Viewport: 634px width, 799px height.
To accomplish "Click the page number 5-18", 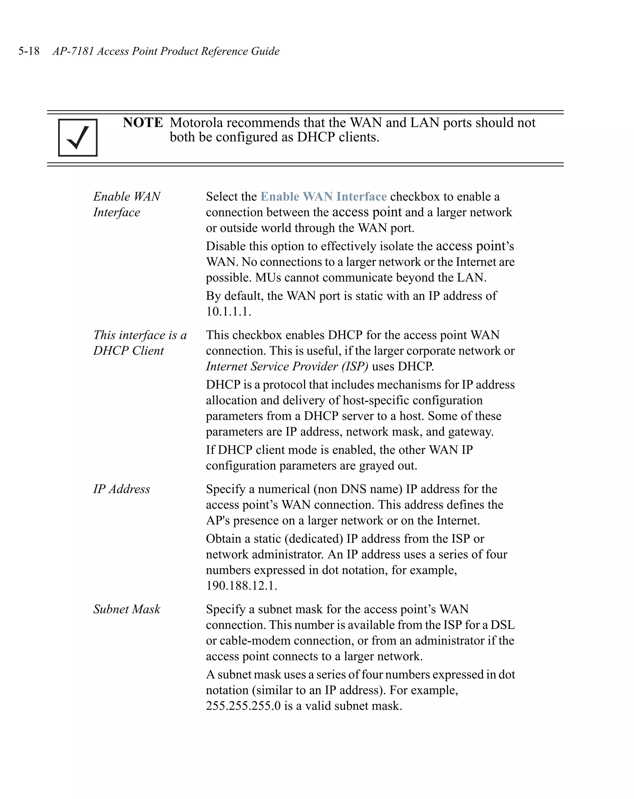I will coord(29,51).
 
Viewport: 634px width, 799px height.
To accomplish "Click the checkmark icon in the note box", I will coord(78,138).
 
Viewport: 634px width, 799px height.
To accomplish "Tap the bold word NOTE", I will coord(143,123).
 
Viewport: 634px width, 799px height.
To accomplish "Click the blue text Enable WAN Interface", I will coord(323,196).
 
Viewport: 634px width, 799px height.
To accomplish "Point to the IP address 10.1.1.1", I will coord(228,311).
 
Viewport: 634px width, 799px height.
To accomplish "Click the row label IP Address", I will coord(121,489).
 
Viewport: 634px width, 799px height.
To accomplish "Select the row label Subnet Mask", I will coord(127,609).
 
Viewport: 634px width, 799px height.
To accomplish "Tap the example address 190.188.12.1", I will coord(241,586).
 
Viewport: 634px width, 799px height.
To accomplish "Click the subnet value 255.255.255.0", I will coord(243,706).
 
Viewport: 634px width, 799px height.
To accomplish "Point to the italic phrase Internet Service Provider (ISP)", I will coord(287,366).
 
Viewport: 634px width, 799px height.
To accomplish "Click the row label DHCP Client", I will coord(128,351).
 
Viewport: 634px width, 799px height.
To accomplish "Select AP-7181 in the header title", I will coord(73,51).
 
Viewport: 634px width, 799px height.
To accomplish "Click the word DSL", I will coord(502,625).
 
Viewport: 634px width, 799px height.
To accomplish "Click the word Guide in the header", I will coord(265,51).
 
